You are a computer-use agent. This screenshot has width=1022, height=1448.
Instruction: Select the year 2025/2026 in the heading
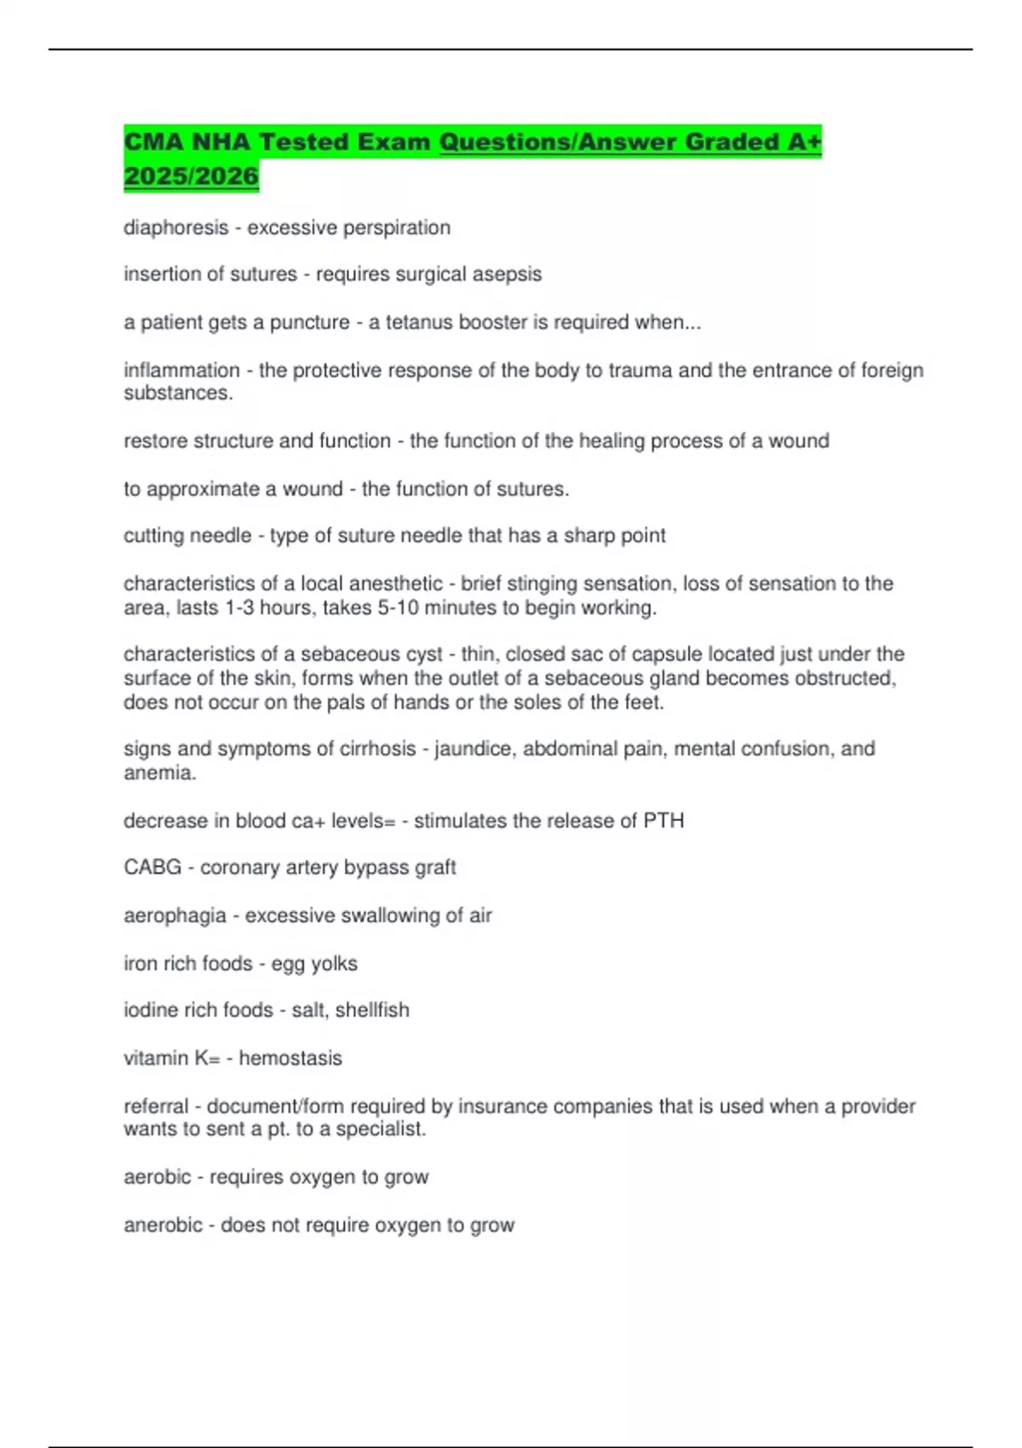(191, 176)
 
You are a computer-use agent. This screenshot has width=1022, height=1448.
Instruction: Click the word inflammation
(181, 371)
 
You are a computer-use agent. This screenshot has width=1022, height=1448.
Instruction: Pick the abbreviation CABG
(152, 867)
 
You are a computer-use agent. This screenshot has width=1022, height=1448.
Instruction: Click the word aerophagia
(175, 916)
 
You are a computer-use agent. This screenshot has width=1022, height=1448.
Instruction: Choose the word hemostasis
(290, 1058)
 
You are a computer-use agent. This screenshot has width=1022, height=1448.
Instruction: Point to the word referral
(156, 1106)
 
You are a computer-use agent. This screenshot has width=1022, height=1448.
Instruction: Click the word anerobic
(163, 1225)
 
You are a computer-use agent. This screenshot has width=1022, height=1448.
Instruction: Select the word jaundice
(473, 749)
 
